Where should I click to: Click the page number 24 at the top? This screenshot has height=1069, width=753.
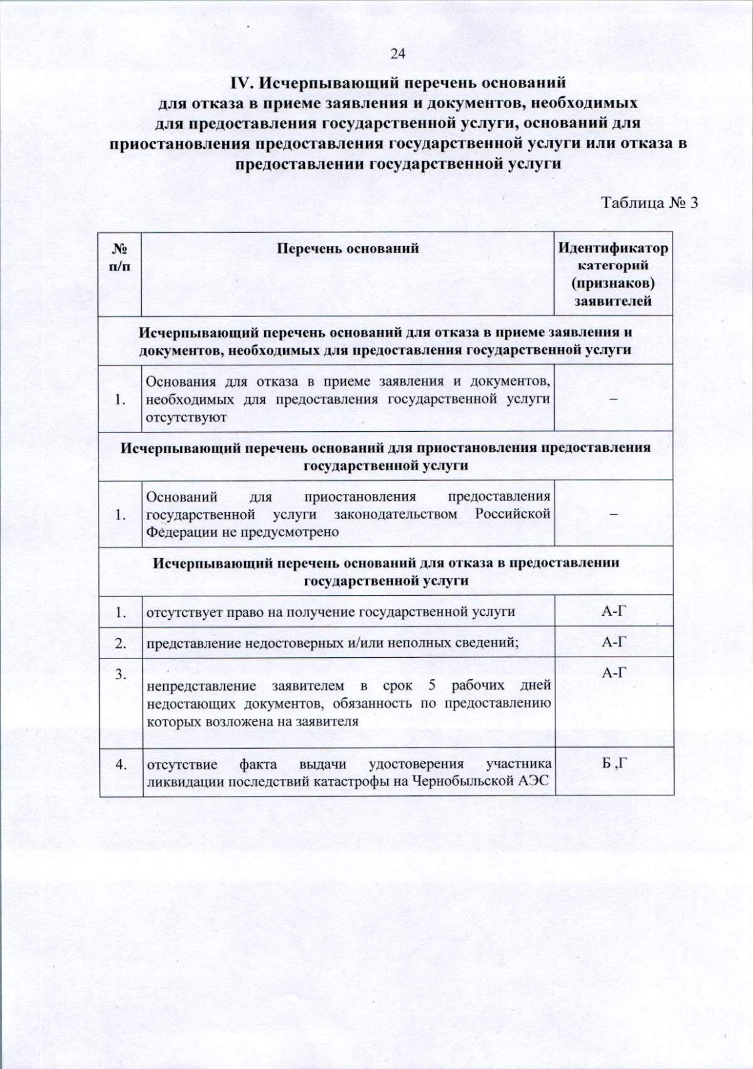click(398, 53)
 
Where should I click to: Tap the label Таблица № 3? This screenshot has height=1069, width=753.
click(649, 203)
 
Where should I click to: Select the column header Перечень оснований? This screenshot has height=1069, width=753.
click(348, 249)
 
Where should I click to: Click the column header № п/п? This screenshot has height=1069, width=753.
click(120, 257)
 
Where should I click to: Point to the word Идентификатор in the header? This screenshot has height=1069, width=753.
click(613, 248)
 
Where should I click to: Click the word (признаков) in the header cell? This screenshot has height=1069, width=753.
click(613, 283)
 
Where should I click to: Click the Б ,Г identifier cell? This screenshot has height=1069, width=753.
click(614, 764)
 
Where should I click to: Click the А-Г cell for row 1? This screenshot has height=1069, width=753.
click(614, 611)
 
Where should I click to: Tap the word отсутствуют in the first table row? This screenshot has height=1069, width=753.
click(186, 417)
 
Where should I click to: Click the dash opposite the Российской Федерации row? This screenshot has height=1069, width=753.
click(614, 514)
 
